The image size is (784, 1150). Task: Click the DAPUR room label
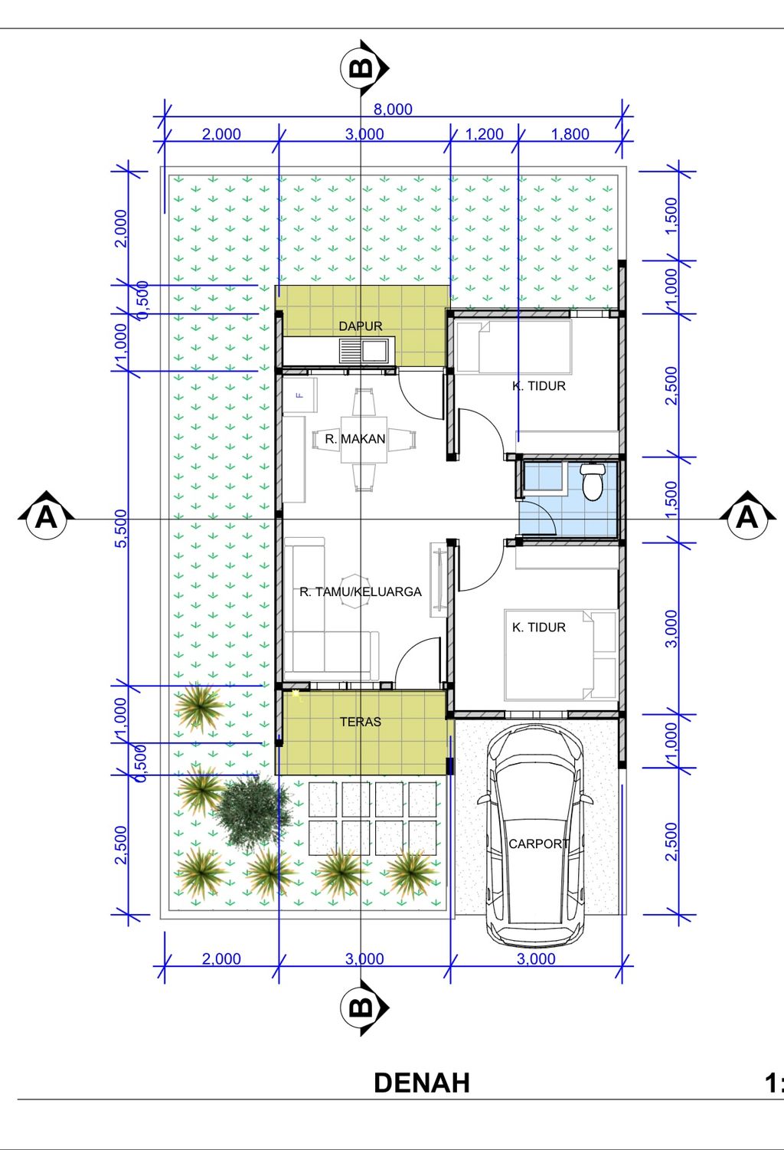click(360, 326)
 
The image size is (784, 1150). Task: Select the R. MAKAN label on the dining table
click(355, 439)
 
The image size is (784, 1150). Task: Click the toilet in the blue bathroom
click(593, 481)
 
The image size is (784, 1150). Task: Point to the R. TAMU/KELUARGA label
click(360, 592)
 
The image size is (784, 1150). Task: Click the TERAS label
click(360, 722)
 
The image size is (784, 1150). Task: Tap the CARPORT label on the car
click(538, 844)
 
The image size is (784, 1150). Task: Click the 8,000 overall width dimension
click(393, 110)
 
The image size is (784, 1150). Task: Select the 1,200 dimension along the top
click(484, 134)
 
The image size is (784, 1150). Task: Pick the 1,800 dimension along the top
click(570, 134)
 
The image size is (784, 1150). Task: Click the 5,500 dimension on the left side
click(120, 529)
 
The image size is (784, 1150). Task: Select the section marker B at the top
click(364, 67)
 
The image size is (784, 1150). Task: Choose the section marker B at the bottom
click(364, 1007)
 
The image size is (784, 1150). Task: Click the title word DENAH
click(422, 1083)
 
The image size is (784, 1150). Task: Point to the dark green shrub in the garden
click(253, 812)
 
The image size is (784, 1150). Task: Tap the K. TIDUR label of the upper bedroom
click(539, 386)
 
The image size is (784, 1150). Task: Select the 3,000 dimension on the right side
click(671, 629)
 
